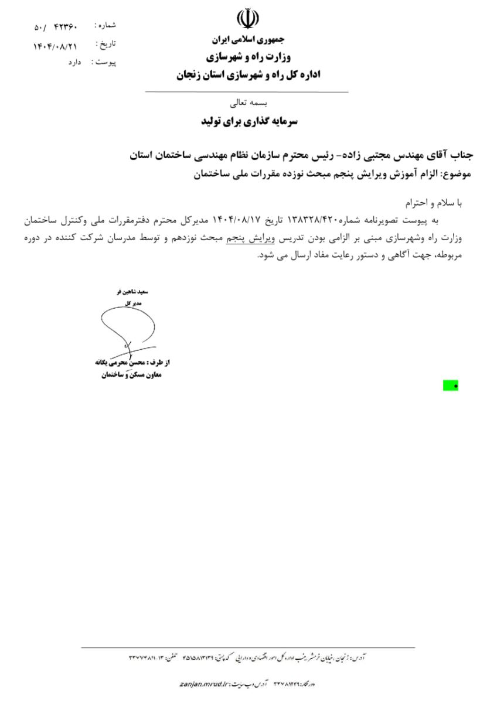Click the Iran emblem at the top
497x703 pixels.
pyautogui.click(x=247, y=20)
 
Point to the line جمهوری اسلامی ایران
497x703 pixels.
pyautogui.click(x=247, y=40)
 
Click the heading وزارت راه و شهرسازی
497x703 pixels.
pyautogui.click(x=247, y=57)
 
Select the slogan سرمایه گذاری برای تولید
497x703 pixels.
pyautogui.click(x=247, y=121)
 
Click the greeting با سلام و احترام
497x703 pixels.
pyautogui.click(x=435, y=203)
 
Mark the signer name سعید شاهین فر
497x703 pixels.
pyautogui.click(x=134, y=291)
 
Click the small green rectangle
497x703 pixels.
pyautogui.click(x=451, y=385)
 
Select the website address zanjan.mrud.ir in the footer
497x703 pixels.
pyautogui.click(x=204, y=684)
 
